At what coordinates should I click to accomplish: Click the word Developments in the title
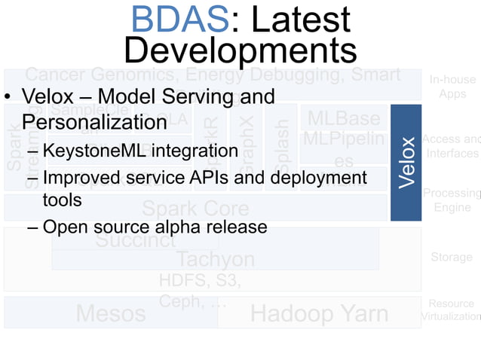point(240,50)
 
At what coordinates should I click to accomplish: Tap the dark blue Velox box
point(406,163)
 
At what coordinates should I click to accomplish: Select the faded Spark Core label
point(196,208)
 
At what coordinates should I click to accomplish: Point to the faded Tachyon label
point(215,259)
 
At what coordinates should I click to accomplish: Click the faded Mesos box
point(111,313)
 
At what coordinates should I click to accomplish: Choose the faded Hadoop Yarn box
point(319,313)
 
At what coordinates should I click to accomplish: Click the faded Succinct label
point(136,241)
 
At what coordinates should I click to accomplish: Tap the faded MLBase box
point(343,119)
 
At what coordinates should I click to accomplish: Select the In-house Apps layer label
point(452,87)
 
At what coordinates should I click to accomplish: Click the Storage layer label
point(452,258)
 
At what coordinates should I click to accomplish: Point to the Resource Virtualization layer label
point(452,310)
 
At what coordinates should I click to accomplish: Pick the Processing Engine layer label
point(452,200)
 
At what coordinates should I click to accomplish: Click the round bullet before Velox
point(9,99)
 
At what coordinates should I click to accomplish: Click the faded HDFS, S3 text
point(200,281)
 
